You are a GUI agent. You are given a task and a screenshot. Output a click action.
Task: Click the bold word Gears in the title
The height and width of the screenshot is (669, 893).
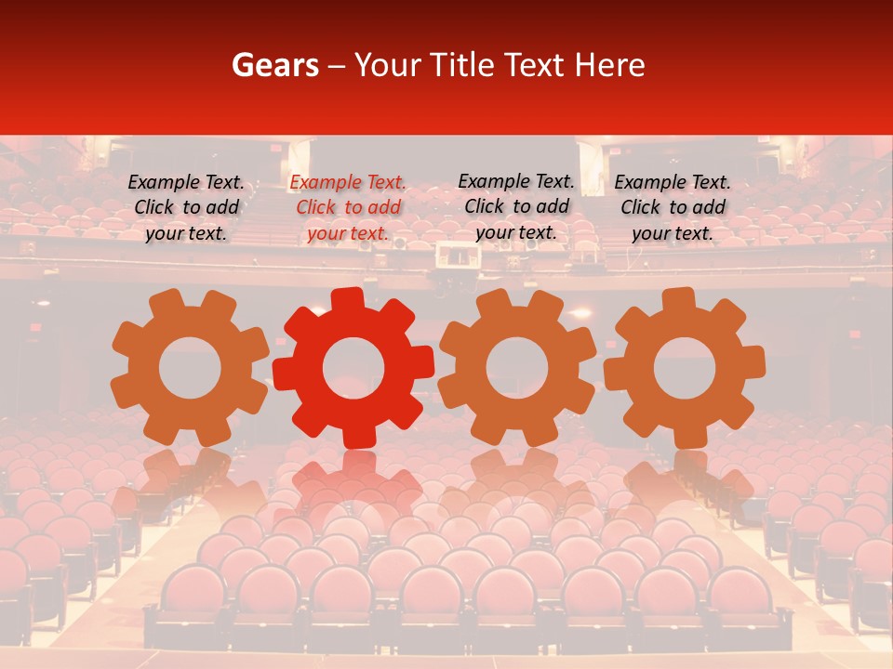click(x=274, y=65)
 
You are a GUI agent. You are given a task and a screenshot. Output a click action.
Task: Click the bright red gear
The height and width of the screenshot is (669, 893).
click(x=353, y=409)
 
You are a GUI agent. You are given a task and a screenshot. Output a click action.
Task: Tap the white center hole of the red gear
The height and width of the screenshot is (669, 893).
click(x=353, y=368)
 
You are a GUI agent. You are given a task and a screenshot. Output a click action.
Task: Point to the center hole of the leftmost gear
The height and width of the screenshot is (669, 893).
click(x=190, y=368)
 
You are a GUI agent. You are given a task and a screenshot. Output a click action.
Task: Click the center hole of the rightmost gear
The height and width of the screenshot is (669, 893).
click(x=685, y=368)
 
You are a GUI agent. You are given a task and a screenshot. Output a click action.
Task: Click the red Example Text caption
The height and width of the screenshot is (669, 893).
click(x=347, y=208)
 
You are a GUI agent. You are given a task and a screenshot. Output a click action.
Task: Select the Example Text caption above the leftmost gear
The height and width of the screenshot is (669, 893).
click(x=186, y=208)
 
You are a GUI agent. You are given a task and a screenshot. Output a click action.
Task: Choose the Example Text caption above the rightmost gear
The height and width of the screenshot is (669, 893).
click(x=673, y=208)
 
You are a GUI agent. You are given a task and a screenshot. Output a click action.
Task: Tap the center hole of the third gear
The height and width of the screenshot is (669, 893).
click(x=517, y=368)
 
